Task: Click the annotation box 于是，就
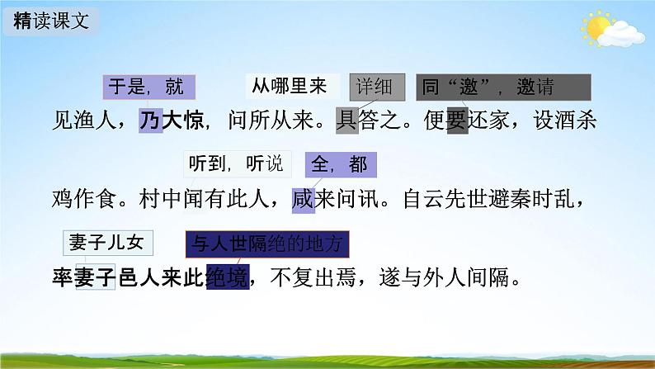(x=148, y=86)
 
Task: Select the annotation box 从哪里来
(x=289, y=84)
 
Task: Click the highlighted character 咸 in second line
(x=304, y=200)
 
